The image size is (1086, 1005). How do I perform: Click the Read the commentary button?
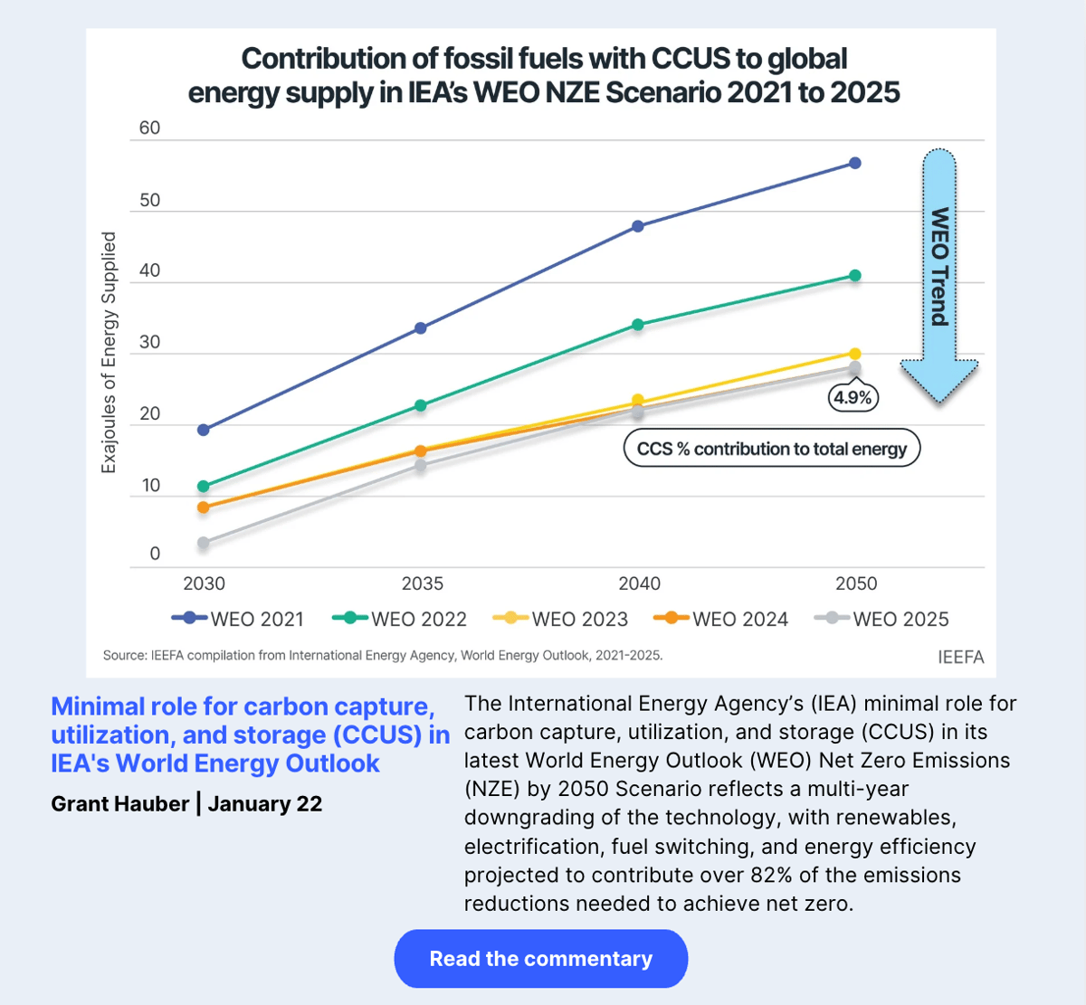pos(540,959)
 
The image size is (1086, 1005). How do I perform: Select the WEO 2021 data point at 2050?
pos(855,163)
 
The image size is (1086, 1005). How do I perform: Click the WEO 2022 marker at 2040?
pos(638,324)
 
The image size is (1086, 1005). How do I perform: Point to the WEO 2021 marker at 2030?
pos(204,430)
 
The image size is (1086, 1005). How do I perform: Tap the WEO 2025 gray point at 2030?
pos(204,543)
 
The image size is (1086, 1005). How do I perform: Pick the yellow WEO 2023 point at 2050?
pos(855,354)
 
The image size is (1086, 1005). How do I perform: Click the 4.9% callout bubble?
pos(853,397)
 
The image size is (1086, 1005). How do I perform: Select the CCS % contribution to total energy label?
pos(771,449)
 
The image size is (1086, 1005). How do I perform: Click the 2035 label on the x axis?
pos(422,583)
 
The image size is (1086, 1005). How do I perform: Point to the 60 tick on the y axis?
pos(149,128)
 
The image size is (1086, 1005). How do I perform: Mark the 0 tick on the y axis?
pos(155,554)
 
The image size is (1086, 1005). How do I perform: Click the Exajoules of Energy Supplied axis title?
pos(109,352)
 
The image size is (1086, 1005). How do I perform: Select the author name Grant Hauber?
pos(119,803)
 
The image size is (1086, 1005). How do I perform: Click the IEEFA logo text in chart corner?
pos(960,657)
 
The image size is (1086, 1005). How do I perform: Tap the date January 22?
pos(265,803)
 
